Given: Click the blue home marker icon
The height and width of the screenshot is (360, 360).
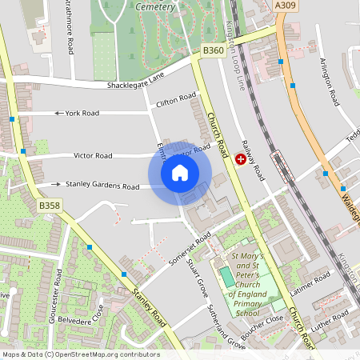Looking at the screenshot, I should (x=180, y=172).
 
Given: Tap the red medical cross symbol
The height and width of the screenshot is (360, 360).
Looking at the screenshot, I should (x=241, y=159).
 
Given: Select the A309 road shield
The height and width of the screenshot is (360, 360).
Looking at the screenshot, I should (x=285, y=6).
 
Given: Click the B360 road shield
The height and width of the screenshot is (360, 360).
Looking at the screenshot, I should (x=213, y=50).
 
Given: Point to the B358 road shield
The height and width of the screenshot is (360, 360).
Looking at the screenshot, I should (x=50, y=206).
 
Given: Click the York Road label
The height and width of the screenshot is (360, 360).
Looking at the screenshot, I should (x=82, y=113).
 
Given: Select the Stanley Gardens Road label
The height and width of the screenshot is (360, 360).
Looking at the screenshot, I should (x=102, y=186).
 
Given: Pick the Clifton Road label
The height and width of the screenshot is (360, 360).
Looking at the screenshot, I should (x=177, y=100).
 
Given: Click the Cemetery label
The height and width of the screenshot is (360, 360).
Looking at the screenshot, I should (x=155, y=6).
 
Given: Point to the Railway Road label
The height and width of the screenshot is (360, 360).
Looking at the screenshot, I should (x=254, y=159).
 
